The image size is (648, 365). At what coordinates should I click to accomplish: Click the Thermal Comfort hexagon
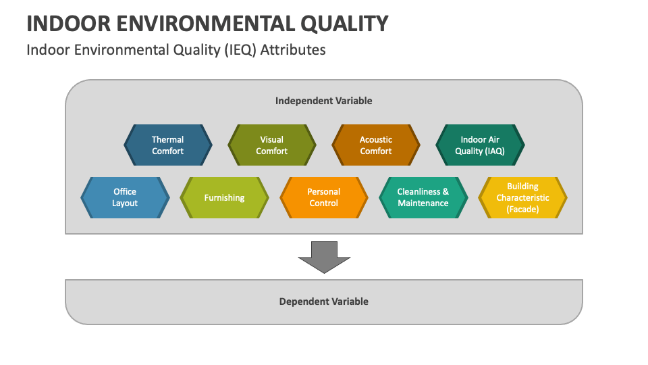[167, 145]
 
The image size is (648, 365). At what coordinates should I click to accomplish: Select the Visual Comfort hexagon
[271, 145]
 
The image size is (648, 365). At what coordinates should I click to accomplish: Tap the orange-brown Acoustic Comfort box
[375, 145]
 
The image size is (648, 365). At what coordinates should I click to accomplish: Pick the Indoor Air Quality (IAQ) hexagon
[479, 145]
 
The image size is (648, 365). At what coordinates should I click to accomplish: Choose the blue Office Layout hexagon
[125, 197]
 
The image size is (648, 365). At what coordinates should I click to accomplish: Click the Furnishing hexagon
[224, 197]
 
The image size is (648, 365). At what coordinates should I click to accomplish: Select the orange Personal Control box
[323, 197]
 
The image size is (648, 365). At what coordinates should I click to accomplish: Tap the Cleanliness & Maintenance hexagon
[423, 197]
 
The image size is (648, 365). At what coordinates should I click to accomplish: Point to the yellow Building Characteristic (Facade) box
[522, 197]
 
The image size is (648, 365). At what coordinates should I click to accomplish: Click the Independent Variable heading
[323, 101]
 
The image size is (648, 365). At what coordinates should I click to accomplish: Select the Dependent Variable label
[323, 301]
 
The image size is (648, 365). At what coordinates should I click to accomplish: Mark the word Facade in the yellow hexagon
[523, 209]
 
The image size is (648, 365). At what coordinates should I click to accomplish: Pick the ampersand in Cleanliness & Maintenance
[446, 192]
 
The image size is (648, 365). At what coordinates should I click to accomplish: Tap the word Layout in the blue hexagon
[125, 203]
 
